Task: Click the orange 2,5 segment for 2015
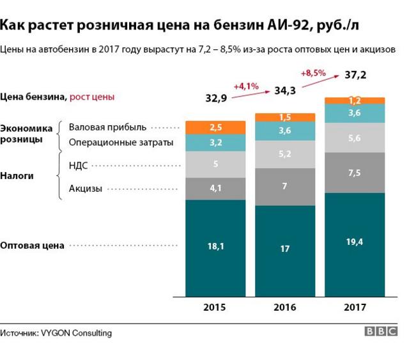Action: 215,127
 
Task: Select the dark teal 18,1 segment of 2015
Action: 215,246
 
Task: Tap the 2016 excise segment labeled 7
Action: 285,186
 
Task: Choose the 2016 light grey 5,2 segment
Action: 285,154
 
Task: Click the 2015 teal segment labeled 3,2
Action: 215,143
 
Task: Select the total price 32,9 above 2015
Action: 216,98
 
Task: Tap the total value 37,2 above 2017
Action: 355,75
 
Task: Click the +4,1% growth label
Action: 246,86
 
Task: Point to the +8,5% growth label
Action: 313,72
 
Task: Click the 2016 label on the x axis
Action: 285,308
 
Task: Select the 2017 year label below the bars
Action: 355,308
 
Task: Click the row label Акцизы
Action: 85,188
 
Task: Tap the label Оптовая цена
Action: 33,246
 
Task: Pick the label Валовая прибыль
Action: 107,127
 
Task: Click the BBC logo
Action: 381,332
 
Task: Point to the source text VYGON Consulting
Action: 76,333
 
